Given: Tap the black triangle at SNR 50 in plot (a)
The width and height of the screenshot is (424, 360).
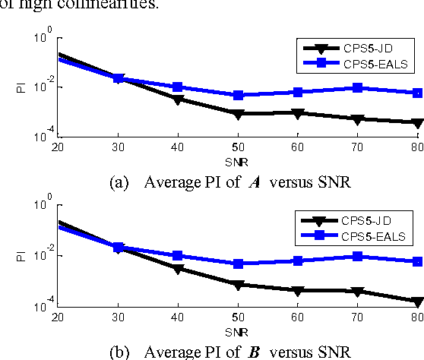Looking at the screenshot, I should click(238, 113).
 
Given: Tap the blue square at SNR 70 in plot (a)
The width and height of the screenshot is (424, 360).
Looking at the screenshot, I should click(358, 88).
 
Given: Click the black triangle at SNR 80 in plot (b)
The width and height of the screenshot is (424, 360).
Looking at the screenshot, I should click(417, 302).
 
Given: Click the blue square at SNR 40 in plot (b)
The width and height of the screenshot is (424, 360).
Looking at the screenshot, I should click(178, 256).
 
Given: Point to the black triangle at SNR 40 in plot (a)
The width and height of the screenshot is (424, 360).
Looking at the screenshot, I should click(178, 99).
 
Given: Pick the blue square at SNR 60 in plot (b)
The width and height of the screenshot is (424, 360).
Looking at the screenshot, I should click(298, 261).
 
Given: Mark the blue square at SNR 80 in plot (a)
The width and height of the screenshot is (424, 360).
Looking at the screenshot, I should click(417, 93).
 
